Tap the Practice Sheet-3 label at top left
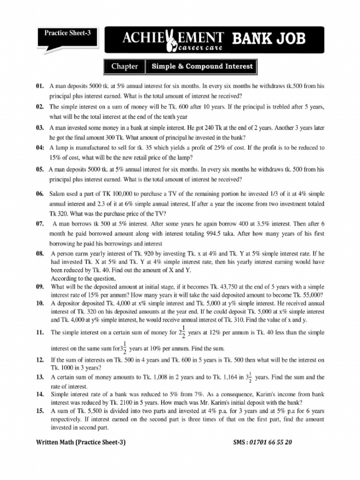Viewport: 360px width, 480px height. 67,33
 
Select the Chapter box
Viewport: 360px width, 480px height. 125,67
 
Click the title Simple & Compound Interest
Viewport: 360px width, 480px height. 202,67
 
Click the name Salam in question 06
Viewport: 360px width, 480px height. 58,194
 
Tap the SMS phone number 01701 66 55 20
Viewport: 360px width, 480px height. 270,442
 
